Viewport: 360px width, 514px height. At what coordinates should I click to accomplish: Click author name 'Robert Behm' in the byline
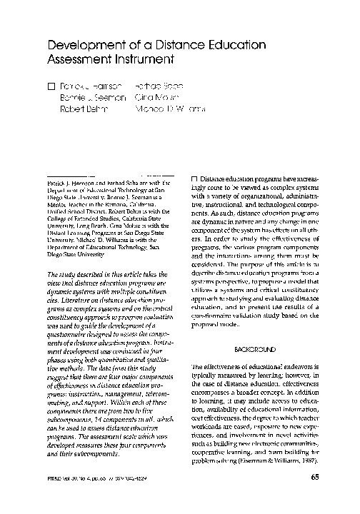pyautogui.click(x=81, y=111)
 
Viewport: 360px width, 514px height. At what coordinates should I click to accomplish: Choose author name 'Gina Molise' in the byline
pyautogui.click(x=156, y=98)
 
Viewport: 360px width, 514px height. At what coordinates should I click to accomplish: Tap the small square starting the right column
pyautogui.click(x=196, y=178)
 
